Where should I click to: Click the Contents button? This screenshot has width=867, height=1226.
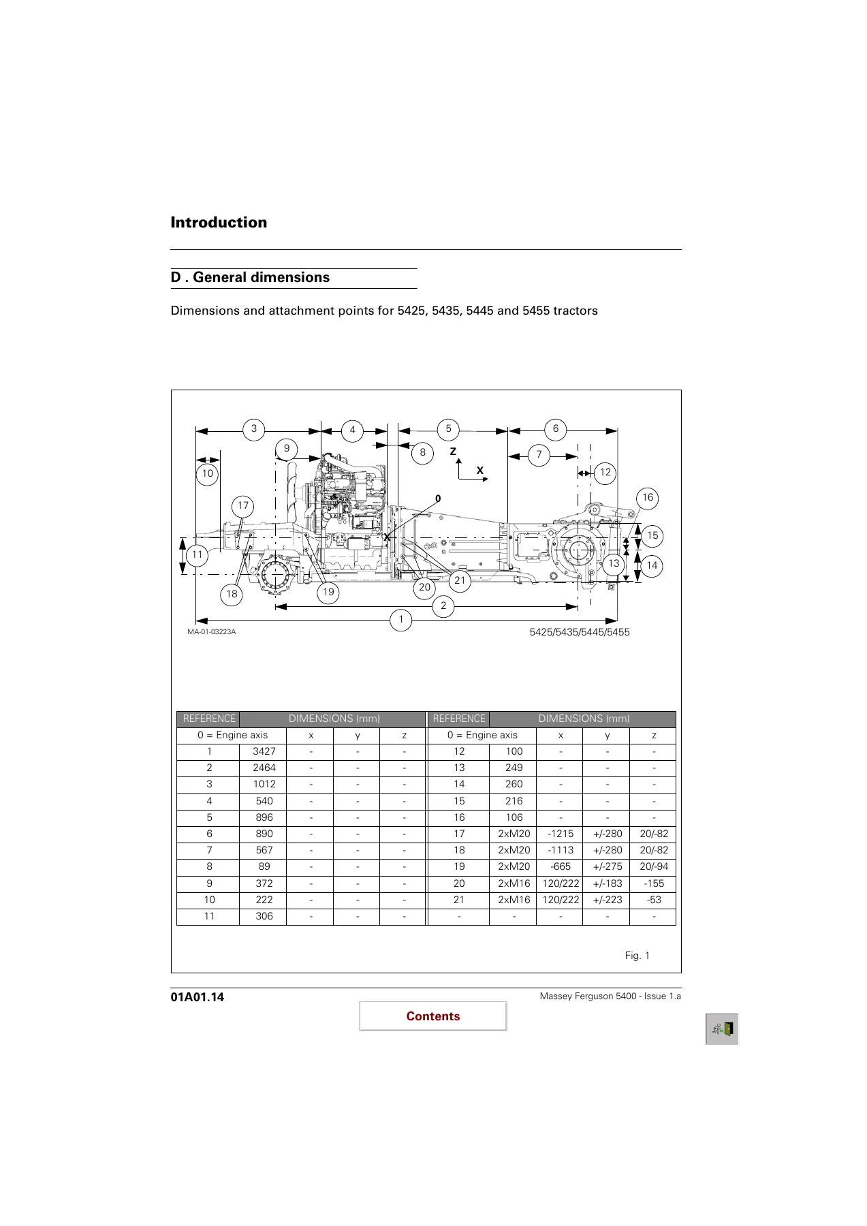[x=433, y=1016]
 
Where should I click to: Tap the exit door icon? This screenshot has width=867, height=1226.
[x=722, y=1029]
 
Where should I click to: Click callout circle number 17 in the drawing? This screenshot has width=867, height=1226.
[x=243, y=506]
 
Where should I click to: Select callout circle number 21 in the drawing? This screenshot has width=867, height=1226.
[x=460, y=580]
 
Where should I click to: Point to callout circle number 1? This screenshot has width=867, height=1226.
[x=401, y=620]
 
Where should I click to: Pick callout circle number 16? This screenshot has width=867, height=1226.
[x=648, y=498]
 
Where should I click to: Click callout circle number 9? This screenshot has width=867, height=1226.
[x=287, y=449]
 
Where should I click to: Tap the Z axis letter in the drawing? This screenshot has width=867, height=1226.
[x=453, y=452]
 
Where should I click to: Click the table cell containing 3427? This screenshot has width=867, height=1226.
[x=264, y=752]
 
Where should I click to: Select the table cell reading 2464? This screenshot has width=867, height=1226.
[x=264, y=768]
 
